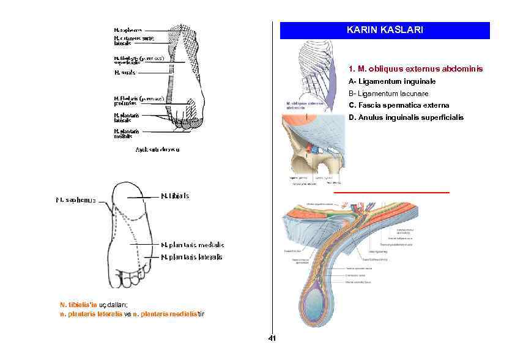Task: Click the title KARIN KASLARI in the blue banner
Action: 384,30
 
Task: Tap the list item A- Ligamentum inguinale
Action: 392,81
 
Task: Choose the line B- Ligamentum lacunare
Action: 388,94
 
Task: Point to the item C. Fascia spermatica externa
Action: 399,105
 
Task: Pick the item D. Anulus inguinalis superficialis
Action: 406,117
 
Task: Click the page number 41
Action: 272,339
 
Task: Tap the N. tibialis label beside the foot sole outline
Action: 175,196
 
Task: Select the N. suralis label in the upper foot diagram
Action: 125,72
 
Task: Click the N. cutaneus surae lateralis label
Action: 134,40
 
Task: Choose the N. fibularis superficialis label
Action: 138,60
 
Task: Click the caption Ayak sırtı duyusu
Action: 157,149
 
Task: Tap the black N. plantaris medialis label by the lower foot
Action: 192,245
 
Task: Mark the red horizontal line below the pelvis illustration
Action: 391,192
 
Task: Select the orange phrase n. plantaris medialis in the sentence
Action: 163,314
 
